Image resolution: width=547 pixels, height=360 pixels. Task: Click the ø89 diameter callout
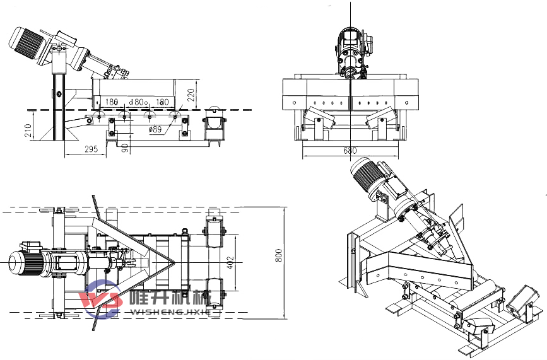click(156, 129)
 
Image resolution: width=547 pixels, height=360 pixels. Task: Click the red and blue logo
click(102, 298)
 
